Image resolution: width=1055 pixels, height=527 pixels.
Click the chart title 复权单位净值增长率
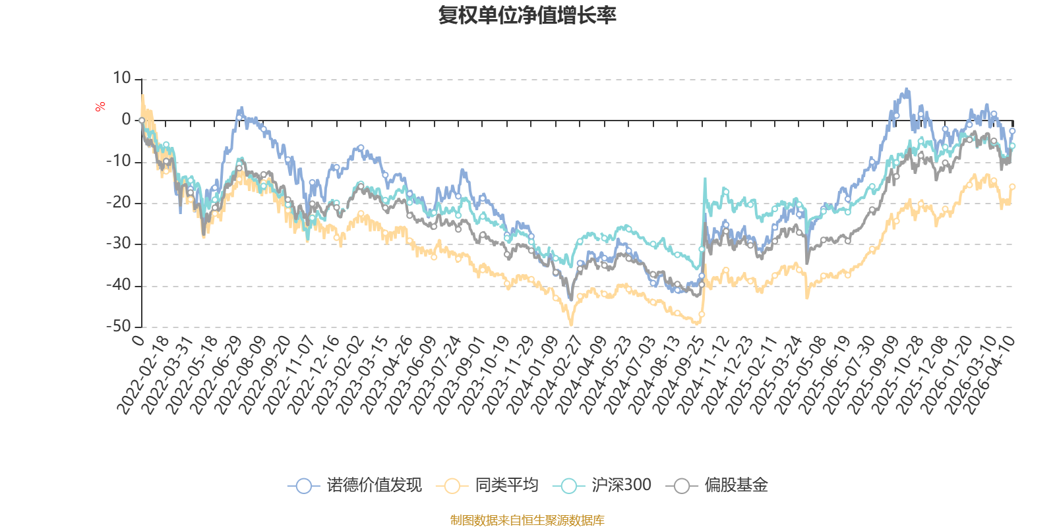(527, 16)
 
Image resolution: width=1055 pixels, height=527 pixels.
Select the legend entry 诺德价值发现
(355, 485)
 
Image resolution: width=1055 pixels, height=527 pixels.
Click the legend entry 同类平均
(487, 485)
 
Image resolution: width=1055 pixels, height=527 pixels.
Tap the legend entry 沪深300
(602, 485)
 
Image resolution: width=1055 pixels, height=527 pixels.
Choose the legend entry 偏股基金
(717, 485)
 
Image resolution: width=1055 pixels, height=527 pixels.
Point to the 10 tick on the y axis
(121, 78)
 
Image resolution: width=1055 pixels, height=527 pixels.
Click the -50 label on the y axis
(119, 327)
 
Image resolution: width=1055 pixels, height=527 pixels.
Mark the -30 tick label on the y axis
(119, 244)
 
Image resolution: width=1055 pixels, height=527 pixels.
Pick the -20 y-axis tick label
(119, 203)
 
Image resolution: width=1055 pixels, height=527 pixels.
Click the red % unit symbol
(100, 107)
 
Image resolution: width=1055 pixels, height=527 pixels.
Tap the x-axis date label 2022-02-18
(143, 375)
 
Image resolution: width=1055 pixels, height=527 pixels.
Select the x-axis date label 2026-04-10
(987, 375)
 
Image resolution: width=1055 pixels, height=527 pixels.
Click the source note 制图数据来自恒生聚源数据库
(527, 520)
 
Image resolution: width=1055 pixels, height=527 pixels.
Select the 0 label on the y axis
(126, 120)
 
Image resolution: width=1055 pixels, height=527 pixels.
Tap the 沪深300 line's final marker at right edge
(1012, 146)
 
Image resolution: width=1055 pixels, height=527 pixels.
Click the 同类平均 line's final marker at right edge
(1012, 187)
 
